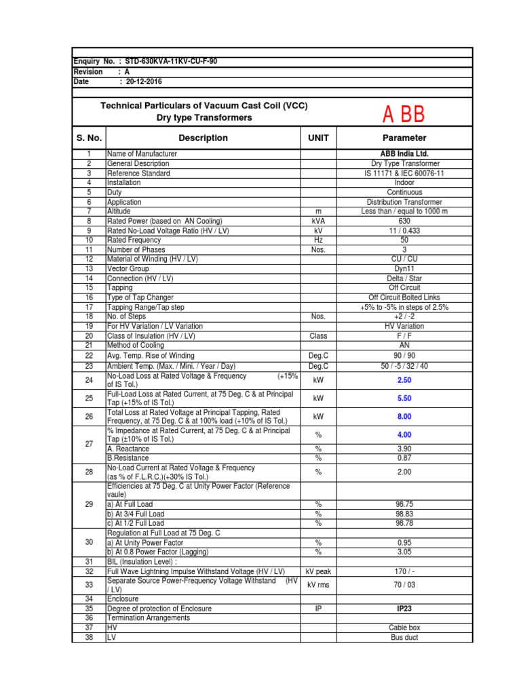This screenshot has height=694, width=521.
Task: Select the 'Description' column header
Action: [x=203, y=138]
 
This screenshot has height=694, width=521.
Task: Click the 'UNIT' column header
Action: [x=318, y=138]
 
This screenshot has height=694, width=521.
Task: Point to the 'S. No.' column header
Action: [x=89, y=138]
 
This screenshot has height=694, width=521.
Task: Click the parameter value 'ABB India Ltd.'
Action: [x=404, y=154]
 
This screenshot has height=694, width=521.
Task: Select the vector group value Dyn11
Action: [x=404, y=269]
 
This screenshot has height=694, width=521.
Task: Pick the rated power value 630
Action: [x=404, y=221]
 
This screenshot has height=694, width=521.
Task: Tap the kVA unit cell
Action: [x=318, y=221]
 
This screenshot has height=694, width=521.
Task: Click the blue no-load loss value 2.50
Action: [x=404, y=381]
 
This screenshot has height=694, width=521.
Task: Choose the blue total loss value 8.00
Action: [x=404, y=417]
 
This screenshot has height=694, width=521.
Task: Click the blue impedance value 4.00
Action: [x=404, y=434]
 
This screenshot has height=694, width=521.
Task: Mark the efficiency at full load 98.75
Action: [x=404, y=504]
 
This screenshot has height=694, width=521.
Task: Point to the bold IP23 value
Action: [x=404, y=609]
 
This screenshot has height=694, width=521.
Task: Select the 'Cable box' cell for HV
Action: [x=404, y=628]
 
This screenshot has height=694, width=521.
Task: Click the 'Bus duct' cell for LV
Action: [x=404, y=638]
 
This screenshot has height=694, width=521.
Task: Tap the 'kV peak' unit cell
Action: [x=318, y=571]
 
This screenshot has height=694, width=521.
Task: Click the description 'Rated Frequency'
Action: [x=134, y=240]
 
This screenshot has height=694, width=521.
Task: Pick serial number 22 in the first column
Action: [x=88, y=355]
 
